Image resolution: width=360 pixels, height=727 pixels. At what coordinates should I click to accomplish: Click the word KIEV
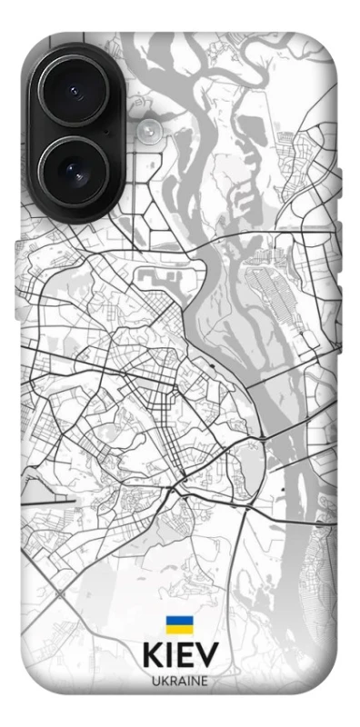click(x=180, y=657)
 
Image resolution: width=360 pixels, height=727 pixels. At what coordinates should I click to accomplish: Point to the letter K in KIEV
click(x=152, y=657)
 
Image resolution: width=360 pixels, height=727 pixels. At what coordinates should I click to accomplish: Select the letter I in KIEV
click(x=170, y=657)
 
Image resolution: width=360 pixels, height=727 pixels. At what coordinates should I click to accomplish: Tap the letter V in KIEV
click(x=207, y=657)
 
